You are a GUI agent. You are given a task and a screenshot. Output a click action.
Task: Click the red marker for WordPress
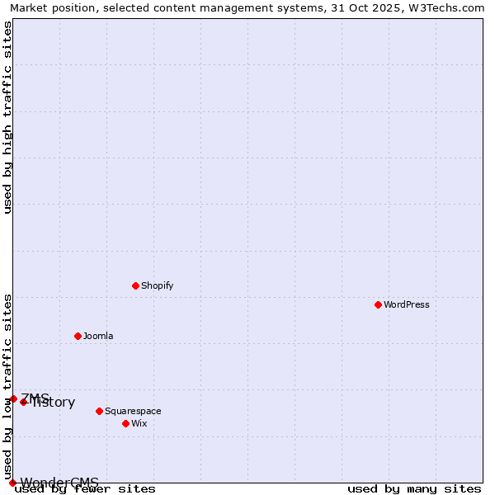point(378,304)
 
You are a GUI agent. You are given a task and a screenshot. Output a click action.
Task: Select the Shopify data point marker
point(135,285)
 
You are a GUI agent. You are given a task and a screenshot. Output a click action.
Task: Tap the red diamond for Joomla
point(78,336)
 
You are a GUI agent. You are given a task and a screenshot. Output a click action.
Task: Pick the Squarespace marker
point(99,411)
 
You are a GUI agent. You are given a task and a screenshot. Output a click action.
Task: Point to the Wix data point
point(125,423)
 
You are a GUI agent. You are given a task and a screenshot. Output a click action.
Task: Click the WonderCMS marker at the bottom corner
point(12,483)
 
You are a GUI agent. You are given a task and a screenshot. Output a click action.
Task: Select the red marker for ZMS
point(13,398)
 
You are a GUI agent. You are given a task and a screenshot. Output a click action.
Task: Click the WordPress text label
point(407,304)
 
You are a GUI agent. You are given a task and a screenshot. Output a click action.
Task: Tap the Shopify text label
point(157,285)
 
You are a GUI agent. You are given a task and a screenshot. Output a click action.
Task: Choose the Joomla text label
point(98,336)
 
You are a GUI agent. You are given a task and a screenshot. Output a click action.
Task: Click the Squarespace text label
point(133,411)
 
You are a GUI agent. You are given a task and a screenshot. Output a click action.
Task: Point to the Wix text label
point(139,423)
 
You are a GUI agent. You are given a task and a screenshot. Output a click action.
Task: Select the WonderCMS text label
point(59,483)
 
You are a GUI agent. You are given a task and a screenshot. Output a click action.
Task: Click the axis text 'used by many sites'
point(414,488)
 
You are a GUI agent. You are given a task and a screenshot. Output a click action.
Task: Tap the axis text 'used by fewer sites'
point(85,488)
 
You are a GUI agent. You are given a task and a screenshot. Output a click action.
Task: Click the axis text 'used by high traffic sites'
point(7,117)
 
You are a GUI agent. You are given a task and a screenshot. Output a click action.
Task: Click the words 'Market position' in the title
point(48,7)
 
